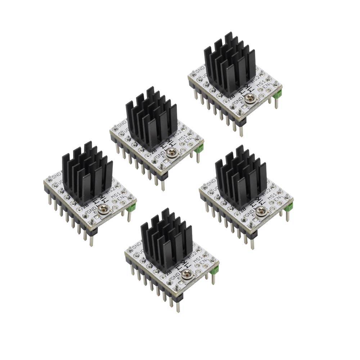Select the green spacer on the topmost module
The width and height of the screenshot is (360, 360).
pos(278,94)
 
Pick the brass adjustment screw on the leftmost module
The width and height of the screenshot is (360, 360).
pos(104,208)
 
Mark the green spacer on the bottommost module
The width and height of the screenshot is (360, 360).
pos(216,270)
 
